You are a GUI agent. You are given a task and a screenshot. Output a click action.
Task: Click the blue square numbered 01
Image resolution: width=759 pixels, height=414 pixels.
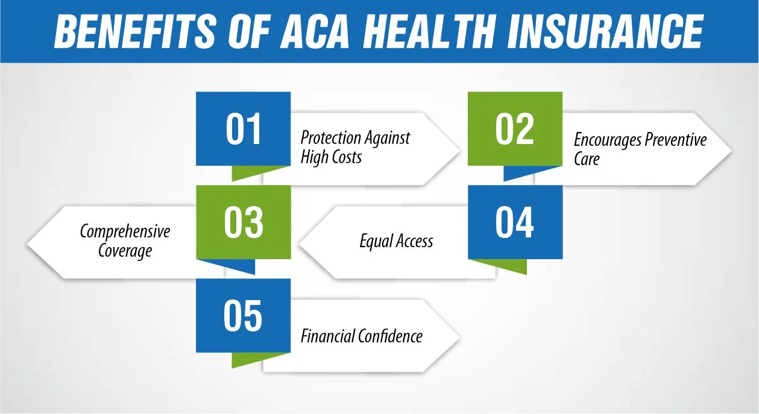[x=244, y=128]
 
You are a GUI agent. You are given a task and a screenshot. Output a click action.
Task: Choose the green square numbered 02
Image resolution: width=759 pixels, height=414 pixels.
[x=515, y=128]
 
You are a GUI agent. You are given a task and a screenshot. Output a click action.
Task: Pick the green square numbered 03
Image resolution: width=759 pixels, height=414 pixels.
[x=244, y=222]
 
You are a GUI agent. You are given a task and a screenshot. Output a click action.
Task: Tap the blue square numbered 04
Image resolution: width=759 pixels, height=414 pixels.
[x=515, y=222]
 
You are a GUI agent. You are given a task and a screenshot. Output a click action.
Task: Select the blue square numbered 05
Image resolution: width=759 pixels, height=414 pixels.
[x=244, y=316]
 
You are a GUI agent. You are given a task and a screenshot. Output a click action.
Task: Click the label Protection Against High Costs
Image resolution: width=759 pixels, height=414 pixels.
[x=354, y=148]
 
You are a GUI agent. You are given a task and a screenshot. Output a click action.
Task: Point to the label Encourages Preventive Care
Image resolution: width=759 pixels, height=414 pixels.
[x=639, y=149]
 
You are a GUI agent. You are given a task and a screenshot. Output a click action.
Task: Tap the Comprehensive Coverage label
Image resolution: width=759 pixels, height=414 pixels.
[x=125, y=241]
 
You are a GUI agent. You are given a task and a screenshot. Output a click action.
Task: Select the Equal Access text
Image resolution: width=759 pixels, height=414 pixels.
[x=396, y=242]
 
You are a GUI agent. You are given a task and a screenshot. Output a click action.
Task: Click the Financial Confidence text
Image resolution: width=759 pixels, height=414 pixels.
[x=361, y=336]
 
